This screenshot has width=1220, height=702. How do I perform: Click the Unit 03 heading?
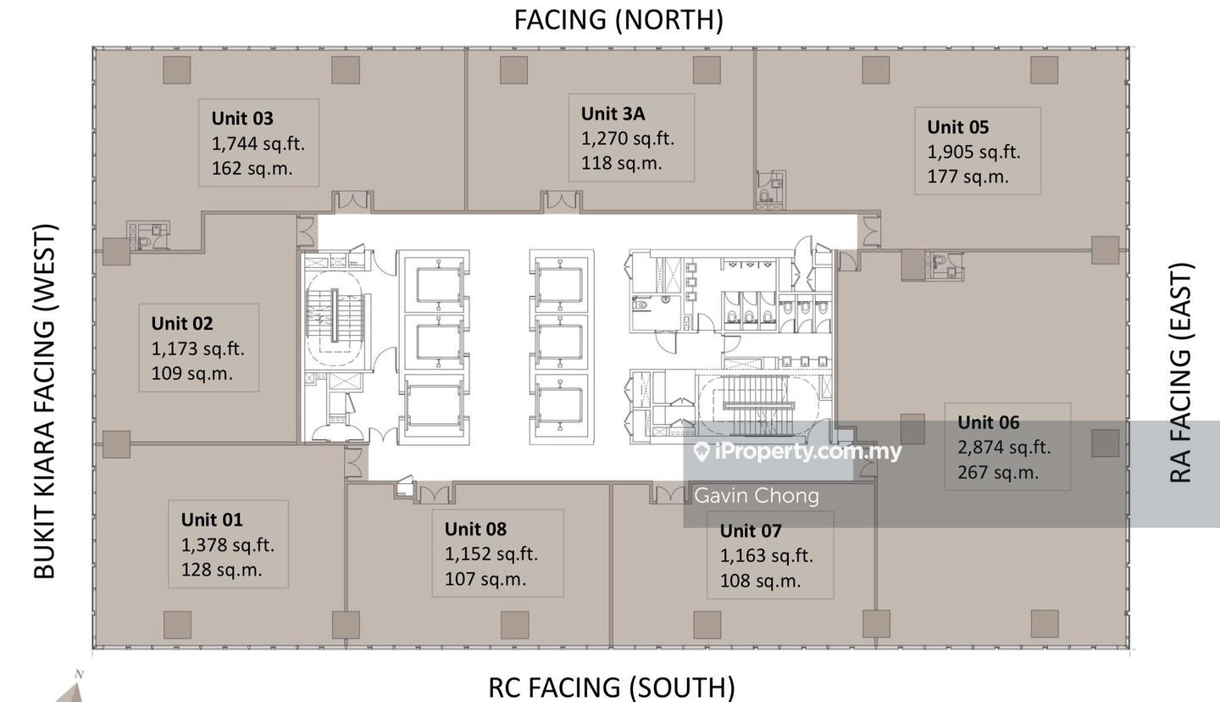coord(242,119)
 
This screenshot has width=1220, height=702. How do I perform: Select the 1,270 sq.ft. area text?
coord(628,139)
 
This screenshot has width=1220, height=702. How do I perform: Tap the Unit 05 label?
coord(957,127)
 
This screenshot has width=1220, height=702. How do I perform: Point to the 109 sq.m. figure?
coord(191,374)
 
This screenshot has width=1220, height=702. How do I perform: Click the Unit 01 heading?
coord(212,520)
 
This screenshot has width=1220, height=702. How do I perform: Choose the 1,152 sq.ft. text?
coord(491,554)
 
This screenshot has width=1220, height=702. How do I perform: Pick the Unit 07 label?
coord(751,531)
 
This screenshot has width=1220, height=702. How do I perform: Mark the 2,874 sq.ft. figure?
coord(1004,448)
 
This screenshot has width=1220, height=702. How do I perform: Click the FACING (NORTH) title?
coord(618,20)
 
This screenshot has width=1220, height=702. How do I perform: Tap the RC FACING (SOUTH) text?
coord(612,688)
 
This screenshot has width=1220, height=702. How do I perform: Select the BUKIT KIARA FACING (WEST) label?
coord(45,401)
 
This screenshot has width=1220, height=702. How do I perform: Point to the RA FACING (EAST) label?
coord(1181,373)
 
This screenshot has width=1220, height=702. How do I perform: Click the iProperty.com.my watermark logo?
coord(798,452)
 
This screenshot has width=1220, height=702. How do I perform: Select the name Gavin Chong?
coord(757,496)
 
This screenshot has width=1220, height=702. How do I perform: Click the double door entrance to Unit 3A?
coord(562,201)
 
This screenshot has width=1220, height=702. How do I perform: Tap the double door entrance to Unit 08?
coord(435,493)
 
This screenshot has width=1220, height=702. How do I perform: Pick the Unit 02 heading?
coord(182,324)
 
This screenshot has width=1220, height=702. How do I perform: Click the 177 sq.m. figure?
coord(968,177)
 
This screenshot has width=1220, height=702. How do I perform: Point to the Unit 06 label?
coord(989,422)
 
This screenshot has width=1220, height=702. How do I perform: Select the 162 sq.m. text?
coord(252,169)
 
